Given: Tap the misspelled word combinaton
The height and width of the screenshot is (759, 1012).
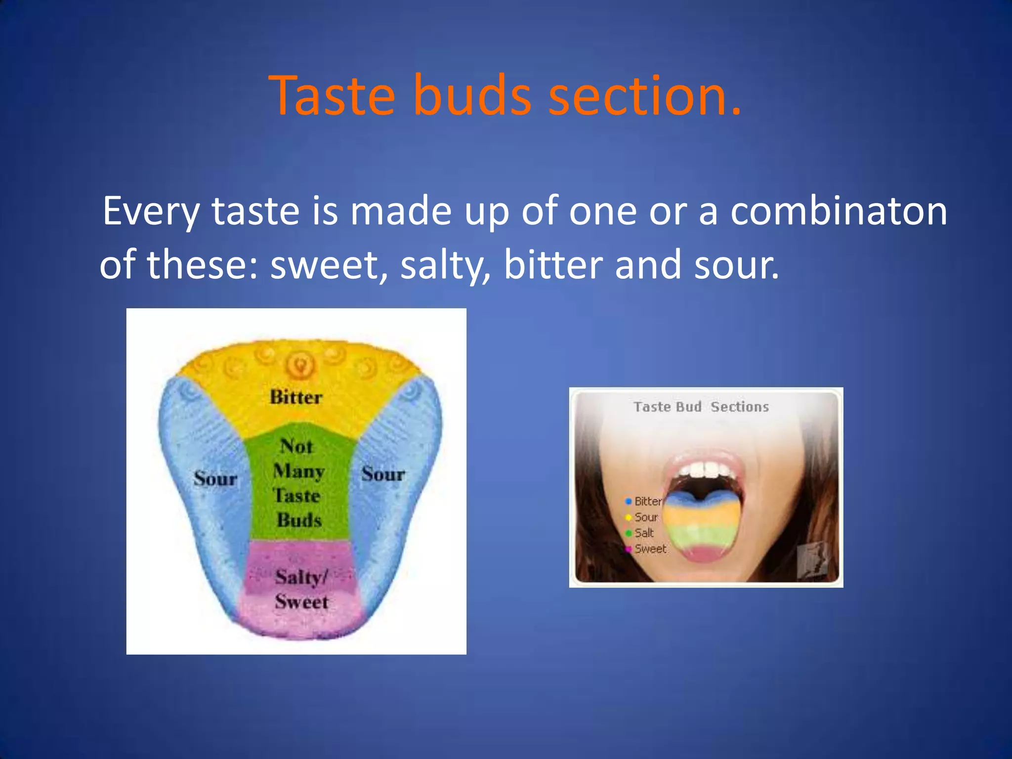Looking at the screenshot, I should pyautogui.click(x=839, y=211).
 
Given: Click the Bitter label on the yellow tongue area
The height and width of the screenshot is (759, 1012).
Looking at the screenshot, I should pyautogui.click(x=295, y=397).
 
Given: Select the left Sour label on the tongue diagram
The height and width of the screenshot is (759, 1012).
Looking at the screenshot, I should pyautogui.click(x=215, y=478).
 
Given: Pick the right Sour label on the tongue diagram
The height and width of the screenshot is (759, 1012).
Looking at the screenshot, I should pyautogui.click(x=383, y=474).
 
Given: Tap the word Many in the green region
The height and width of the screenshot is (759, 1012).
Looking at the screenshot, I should pyautogui.click(x=298, y=471).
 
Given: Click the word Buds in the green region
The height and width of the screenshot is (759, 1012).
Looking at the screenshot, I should pyautogui.click(x=299, y=520).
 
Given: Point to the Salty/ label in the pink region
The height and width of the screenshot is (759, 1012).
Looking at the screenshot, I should pyautogui.click(x=301, y=577).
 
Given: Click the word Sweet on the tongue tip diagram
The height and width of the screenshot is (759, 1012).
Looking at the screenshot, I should pyautogui.click(x=301, y=602).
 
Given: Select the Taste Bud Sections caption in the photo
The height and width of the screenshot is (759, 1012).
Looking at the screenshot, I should pyautogui.click(x=701, y=407).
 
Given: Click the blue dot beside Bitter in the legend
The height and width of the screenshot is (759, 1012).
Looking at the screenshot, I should pyautogui.click(x=629, y=502).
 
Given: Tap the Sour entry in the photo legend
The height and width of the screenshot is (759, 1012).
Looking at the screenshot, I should pyautogui.click(x=645, y=517).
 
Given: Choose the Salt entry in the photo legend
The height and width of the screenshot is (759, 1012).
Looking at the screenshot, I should pyautogui.click(x=643, y=533).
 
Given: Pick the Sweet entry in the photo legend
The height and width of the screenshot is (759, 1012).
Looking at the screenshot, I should pyautogui.click(x=650, y=549).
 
